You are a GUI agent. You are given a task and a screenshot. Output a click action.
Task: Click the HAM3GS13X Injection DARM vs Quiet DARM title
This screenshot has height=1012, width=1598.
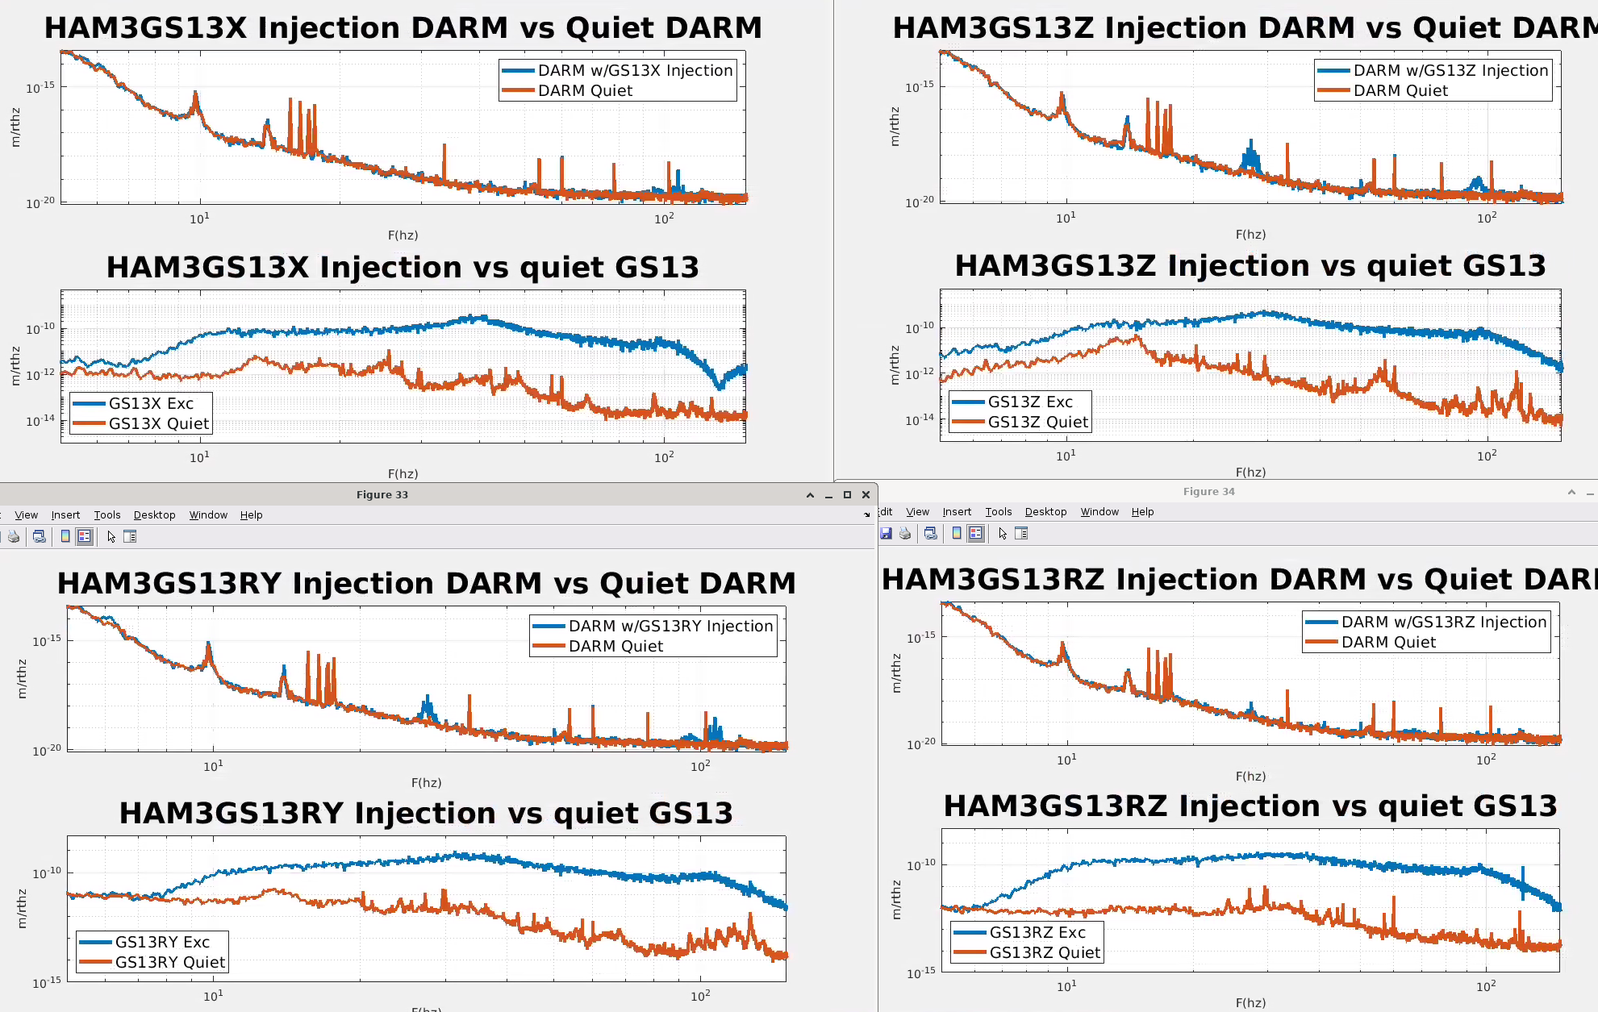403,27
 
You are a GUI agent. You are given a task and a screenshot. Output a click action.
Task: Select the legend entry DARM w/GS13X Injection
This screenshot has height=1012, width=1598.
635,70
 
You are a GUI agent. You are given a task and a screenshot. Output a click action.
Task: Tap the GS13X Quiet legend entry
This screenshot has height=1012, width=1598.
158,423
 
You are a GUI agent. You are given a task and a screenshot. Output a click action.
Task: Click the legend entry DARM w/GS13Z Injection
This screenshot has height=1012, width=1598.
1450,70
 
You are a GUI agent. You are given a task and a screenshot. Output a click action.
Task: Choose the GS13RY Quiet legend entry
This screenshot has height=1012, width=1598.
169,962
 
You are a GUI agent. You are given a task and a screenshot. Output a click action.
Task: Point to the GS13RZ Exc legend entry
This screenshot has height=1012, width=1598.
1037,932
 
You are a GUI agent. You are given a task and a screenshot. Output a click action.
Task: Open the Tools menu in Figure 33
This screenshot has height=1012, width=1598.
107,514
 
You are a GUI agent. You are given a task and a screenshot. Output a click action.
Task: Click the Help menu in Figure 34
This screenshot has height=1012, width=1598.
1142,511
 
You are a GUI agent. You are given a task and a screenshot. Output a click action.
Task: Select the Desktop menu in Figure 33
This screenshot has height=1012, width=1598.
154,514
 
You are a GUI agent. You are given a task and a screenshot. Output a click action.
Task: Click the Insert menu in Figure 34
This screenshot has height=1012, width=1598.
957,511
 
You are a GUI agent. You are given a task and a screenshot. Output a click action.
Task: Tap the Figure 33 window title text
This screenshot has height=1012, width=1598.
382,494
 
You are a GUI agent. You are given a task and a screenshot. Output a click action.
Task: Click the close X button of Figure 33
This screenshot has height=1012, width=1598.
866,494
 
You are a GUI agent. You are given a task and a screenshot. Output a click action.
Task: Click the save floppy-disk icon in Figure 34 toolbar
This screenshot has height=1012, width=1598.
886,533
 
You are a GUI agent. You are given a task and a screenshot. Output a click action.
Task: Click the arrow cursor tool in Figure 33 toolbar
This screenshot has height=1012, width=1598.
111,536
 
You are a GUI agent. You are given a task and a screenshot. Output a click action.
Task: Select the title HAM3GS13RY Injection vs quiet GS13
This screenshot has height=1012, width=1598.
426,813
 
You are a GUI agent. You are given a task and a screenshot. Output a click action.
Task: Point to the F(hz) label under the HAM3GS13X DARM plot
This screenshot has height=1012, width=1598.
403,235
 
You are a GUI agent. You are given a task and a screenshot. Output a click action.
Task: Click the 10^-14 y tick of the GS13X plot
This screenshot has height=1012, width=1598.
40,420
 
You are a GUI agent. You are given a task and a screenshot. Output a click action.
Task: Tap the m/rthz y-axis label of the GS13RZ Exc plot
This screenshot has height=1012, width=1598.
896,900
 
